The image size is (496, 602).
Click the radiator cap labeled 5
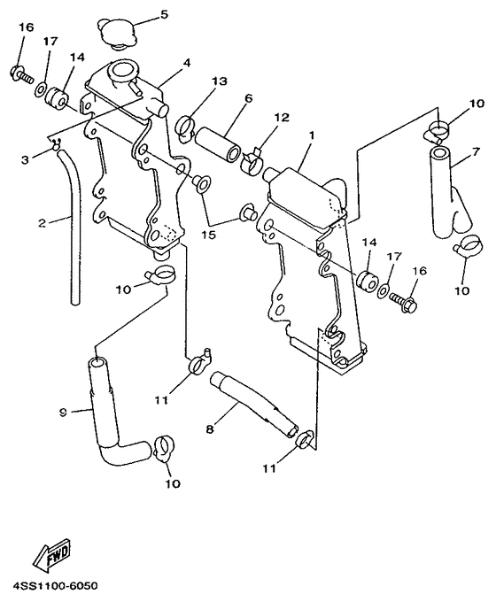120,34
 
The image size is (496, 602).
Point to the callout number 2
42,222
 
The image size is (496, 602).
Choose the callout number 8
209,430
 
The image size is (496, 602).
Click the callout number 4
187,63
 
